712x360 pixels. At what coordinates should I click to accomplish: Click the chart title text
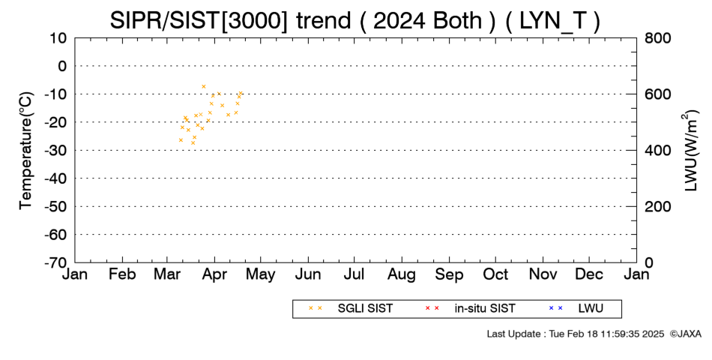pyautogui.click(x=355, y=21)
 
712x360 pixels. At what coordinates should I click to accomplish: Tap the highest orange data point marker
pyautogui.click(x=203, y=86)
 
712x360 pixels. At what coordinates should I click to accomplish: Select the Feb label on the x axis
pyautogui.click(x=122, y=274)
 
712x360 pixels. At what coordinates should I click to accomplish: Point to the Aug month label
pyautogui.click(x=402, y=274)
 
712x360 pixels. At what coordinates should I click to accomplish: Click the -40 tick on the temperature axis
pyautogui.click(x=55, y=178)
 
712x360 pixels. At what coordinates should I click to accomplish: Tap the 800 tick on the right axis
pyautogui.click(x=657, y=38)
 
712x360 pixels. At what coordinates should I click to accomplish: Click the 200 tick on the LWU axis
pyautogui.click(x=657, y=207)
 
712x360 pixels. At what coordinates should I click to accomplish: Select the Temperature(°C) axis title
pyautogui.click(x=26, y=151)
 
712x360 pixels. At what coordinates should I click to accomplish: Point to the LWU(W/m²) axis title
pyautogui.click(x=690, y=151)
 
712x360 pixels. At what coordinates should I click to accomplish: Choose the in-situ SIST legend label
pyautogui.click(x=485, y=309)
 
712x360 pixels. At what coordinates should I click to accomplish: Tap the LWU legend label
pyautogui.click(x=591, y=309)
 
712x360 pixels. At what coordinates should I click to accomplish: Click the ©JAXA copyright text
pyautogui.click(x=685, y=334)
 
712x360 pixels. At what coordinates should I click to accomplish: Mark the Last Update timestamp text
pyautogui.click(x=576, y=334)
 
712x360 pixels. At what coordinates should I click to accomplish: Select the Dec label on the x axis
pyautogui.click(x=589, y=274)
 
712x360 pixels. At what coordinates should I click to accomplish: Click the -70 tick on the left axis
pyautogui.click(x=55, y=262)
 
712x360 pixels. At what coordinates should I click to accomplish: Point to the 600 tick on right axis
pyautogui.click(x=657, y=94)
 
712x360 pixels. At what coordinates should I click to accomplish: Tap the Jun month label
pyautogui.click(x=308, y=274)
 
